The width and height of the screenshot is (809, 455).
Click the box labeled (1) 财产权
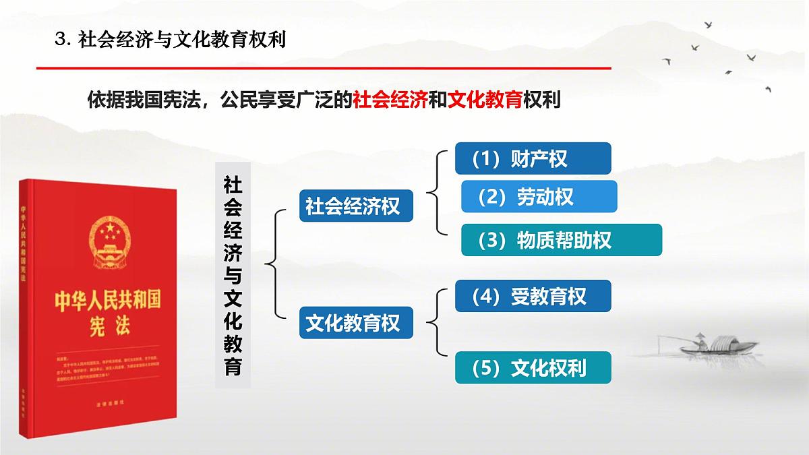pos(533,158)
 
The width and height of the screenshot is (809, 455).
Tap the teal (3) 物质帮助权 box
pos(562,240)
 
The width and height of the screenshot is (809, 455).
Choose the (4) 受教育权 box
pos(533,296)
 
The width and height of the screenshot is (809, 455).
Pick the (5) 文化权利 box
pos(533,367)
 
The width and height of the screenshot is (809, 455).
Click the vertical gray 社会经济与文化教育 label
pos(233,275)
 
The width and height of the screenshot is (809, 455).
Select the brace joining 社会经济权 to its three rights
pos(437,195)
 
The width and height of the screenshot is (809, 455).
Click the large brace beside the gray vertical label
pos(274,263)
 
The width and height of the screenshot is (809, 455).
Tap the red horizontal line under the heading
pos(324,68)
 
